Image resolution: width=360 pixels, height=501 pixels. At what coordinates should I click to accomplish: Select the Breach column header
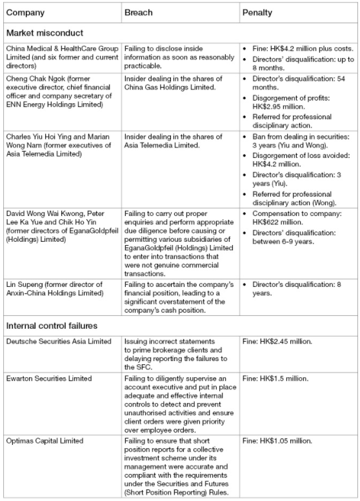point(139,12)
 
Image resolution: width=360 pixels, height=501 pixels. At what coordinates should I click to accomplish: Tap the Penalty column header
point(257,12)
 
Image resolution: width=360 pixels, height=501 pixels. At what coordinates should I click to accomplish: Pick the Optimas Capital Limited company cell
point(44,440)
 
